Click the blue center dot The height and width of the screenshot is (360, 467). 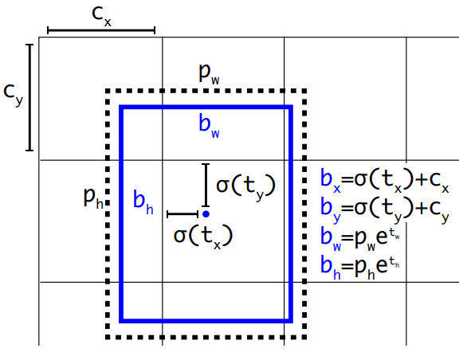206,213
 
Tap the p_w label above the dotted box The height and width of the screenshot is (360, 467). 209,74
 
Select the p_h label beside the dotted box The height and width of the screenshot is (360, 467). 93,198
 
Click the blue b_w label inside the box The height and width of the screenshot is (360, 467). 209,127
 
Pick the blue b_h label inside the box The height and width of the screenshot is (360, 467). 143,202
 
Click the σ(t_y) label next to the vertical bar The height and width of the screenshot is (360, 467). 245,186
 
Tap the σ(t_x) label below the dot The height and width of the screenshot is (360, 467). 203,236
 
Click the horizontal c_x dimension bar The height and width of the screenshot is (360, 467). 101,30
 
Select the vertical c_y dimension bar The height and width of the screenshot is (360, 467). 29,97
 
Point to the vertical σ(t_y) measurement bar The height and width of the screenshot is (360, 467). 206,185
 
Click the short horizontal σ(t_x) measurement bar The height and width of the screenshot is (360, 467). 182,213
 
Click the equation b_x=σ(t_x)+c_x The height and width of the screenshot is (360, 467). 384,181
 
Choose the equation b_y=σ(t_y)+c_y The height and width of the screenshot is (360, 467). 384,209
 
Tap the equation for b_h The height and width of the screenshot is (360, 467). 359,267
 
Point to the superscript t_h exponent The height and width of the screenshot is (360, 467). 394,262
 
